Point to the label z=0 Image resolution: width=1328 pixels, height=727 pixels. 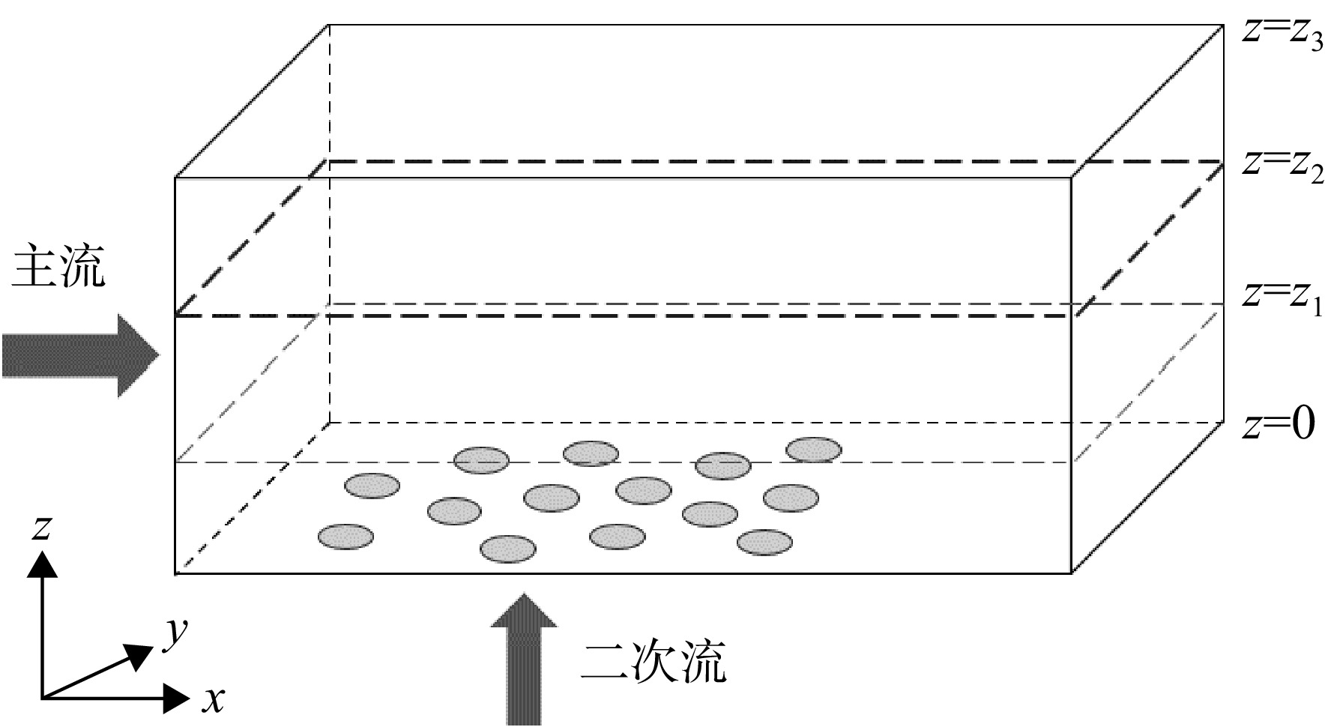1278,425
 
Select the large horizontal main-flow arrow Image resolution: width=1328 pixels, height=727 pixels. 80,355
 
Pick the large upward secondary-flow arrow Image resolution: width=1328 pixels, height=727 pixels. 524,659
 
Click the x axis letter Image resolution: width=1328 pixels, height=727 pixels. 214,699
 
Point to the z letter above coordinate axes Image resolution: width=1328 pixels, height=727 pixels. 40,528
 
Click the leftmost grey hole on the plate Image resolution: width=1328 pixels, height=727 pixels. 345,537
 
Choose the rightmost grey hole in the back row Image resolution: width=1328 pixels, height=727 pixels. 813,450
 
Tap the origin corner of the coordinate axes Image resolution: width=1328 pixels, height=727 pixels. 43,699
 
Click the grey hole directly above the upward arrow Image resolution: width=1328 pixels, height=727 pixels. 507,549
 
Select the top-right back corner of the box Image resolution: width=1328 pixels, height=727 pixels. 1223,25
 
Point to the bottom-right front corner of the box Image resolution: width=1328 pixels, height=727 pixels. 1071,573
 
